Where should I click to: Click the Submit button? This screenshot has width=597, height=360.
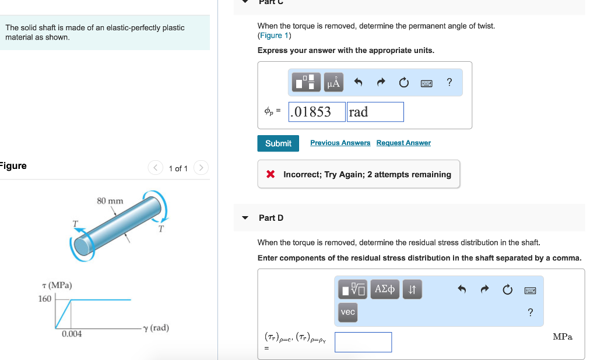pos(278,143)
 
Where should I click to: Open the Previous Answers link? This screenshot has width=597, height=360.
pos(340,143)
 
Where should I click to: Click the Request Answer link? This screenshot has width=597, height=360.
pos(403,143)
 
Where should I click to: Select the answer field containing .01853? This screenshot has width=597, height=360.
pos(317,112)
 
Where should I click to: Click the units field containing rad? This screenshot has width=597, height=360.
pos(375,112)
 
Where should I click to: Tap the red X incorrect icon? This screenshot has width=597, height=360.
pos(271,174)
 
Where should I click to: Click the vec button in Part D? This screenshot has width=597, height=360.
pos(347,312)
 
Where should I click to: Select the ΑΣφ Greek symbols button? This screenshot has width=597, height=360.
pos(385,289)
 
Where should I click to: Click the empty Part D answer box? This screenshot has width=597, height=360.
pos(363,342)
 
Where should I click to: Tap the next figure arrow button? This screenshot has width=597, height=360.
pos(201,167)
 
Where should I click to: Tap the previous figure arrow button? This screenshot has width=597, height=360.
pos(155,167)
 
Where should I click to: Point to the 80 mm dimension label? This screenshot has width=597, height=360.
pos(110,200)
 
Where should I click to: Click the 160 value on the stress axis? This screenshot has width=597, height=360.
pos(44,299)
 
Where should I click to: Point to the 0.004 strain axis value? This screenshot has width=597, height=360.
pos(72,334)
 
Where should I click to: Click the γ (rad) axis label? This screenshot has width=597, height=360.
pos(156,327)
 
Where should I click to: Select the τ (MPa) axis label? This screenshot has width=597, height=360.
pos(57,285)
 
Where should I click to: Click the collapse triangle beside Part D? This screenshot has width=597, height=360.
pos(245,218)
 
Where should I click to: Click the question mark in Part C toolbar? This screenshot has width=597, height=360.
pos(449,82)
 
